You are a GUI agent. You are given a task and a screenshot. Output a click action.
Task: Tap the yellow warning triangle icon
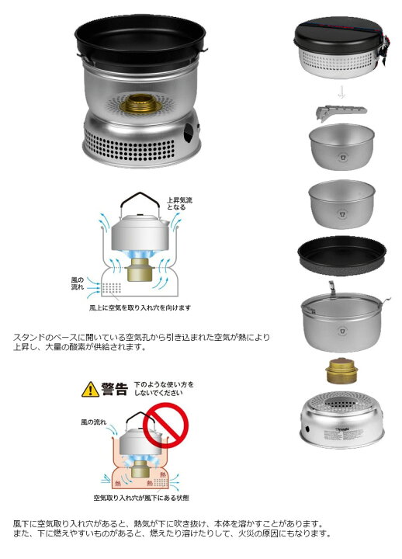click(x=89, y=389)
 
